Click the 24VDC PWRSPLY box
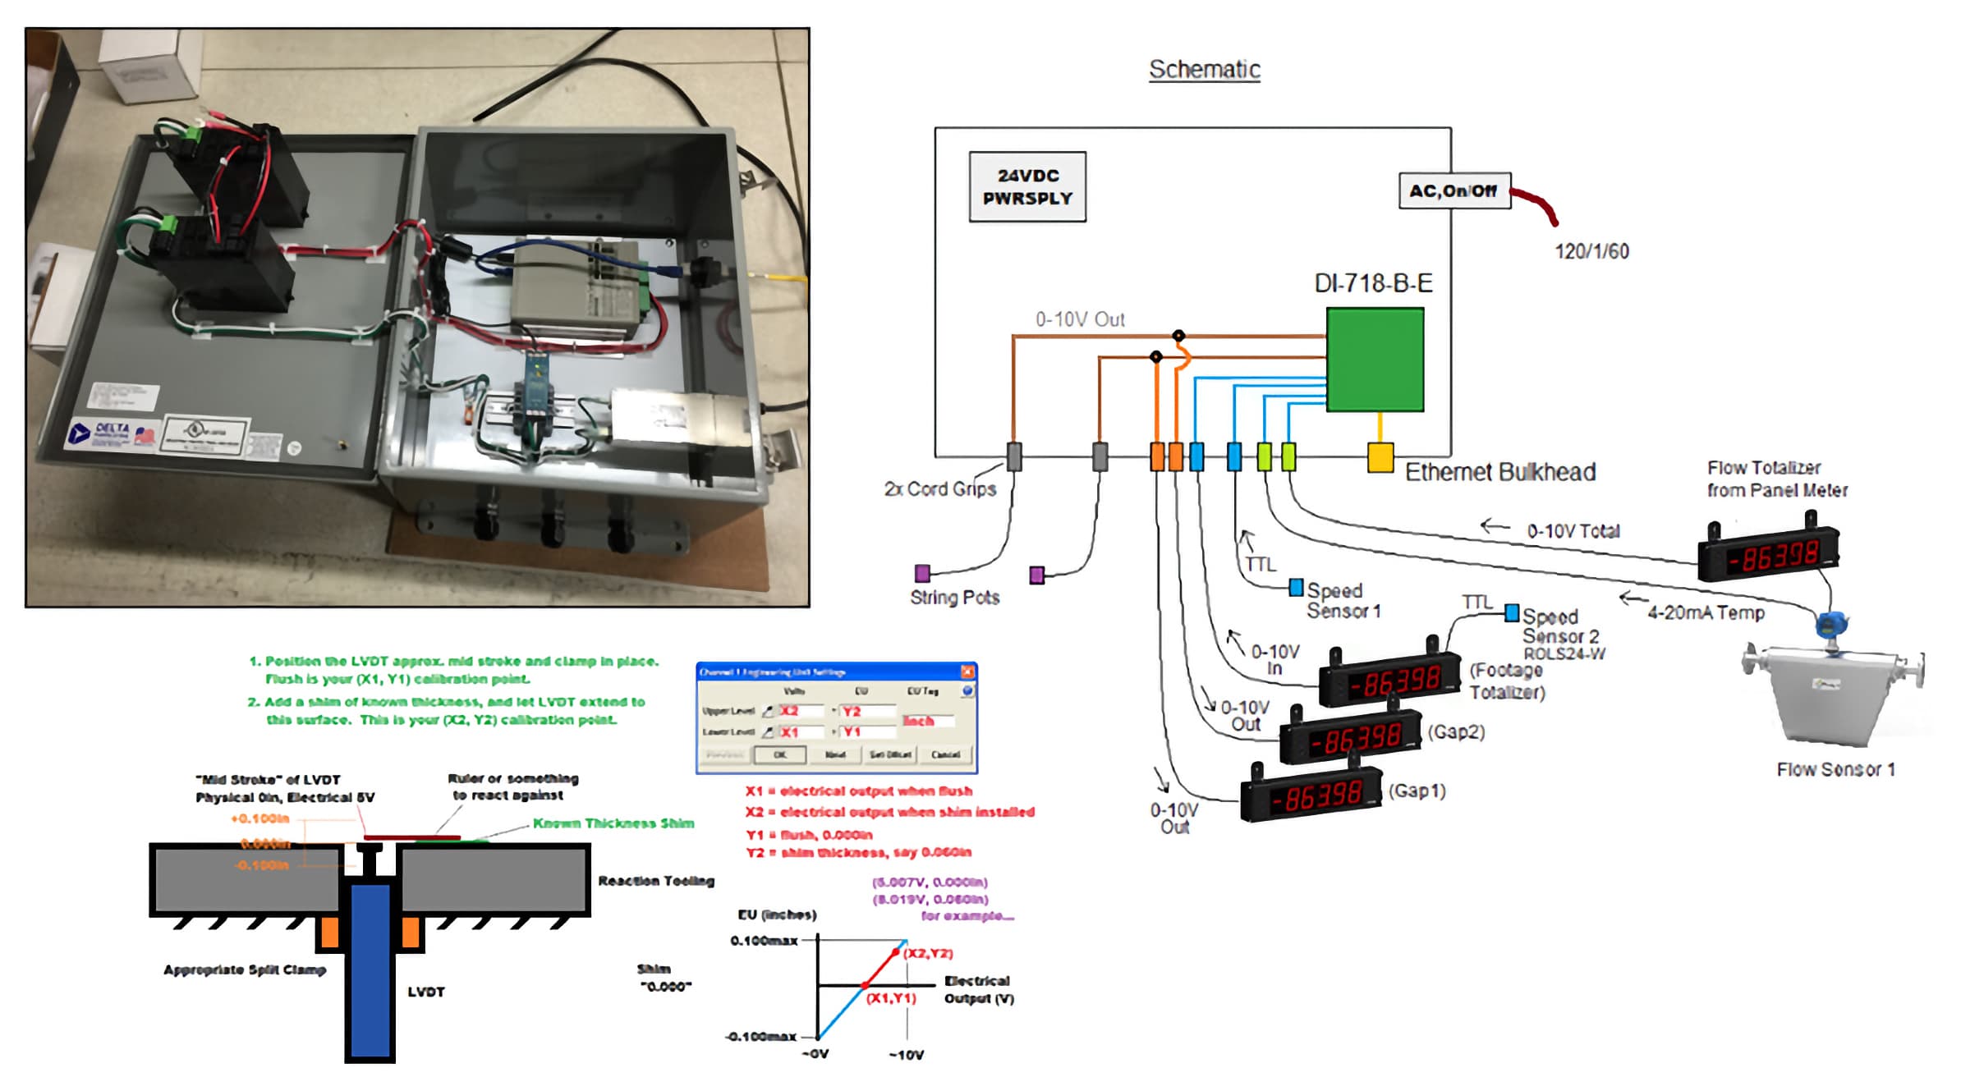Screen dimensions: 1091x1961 click(x=1026, y=187)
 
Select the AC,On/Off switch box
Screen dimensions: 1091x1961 click(x=1454, y=190)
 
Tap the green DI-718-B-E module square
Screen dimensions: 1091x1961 click(x=1375, y=360)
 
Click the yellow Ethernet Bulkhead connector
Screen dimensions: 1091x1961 click(x=1380, y=457)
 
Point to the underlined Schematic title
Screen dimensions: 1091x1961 click(x=1204, y=70)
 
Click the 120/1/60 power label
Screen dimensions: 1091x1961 click(x=1591, y=251)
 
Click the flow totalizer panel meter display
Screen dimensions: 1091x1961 click(x=1769, y=556)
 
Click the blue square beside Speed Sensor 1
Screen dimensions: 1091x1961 click(x=1296, y=587)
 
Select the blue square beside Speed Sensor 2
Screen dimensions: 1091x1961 click(x=1511, y=612)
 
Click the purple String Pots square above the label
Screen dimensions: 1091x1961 click(x=922, y=572)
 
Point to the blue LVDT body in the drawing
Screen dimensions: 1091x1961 click(x=370, y=969)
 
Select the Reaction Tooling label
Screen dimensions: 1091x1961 click(x=655, y=881)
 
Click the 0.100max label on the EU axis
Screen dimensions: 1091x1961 click(x=763, y=941)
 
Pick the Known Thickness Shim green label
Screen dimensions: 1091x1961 click(x=613, y=823)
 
